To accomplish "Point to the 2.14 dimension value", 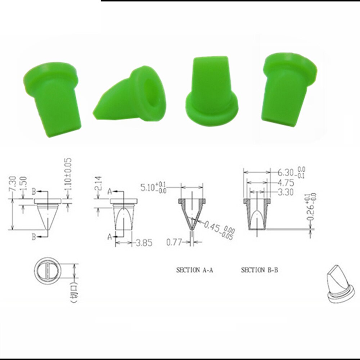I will [x=100, y=184].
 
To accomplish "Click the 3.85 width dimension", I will [x=144, y=243].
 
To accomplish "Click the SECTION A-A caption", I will [x=194, y=270].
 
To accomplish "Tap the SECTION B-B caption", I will [x=259, y=270].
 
